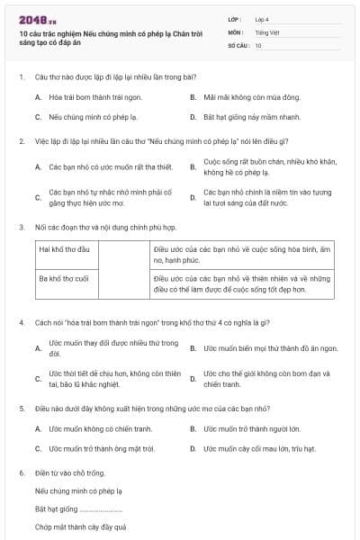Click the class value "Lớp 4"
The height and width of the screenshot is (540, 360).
point(263,18)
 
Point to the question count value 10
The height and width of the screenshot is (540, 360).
point(258,45)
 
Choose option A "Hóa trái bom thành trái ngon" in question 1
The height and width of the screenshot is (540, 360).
point(90,96)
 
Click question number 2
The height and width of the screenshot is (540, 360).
point(21,141)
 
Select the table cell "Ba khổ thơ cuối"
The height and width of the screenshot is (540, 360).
point(64,279)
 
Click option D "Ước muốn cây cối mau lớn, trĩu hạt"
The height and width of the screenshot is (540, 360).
point(259,448)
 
